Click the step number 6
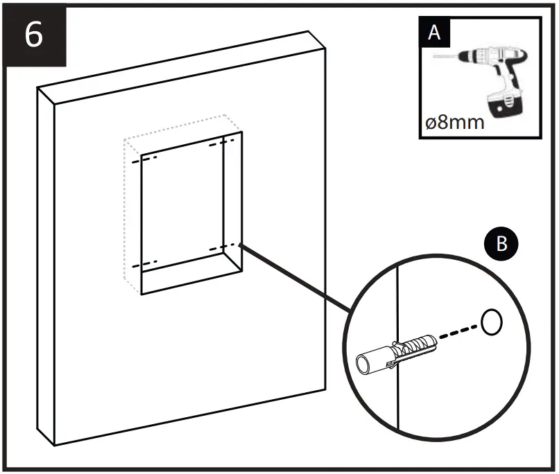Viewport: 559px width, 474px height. (x=33, y=34)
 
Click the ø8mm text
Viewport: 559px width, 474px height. (x=454, y=124)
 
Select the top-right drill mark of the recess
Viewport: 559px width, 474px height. (x=221, y=144)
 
